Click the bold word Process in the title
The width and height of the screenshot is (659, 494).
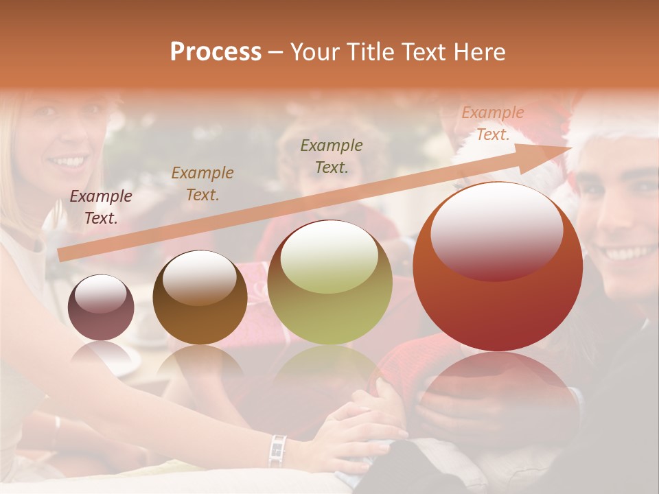click(216, 52)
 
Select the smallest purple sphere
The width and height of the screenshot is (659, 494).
click(101, 307)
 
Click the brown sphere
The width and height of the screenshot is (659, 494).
click(200, 297)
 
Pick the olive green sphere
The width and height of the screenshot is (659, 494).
click(329, 282)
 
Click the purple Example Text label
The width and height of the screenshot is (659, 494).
click(101, 207)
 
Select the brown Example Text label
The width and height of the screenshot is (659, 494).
click(203, 183)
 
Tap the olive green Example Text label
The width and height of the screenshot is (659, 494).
click(332, 156)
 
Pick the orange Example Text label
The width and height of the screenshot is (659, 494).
click(492, 123)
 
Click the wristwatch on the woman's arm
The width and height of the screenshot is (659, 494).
click(277, 450)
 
